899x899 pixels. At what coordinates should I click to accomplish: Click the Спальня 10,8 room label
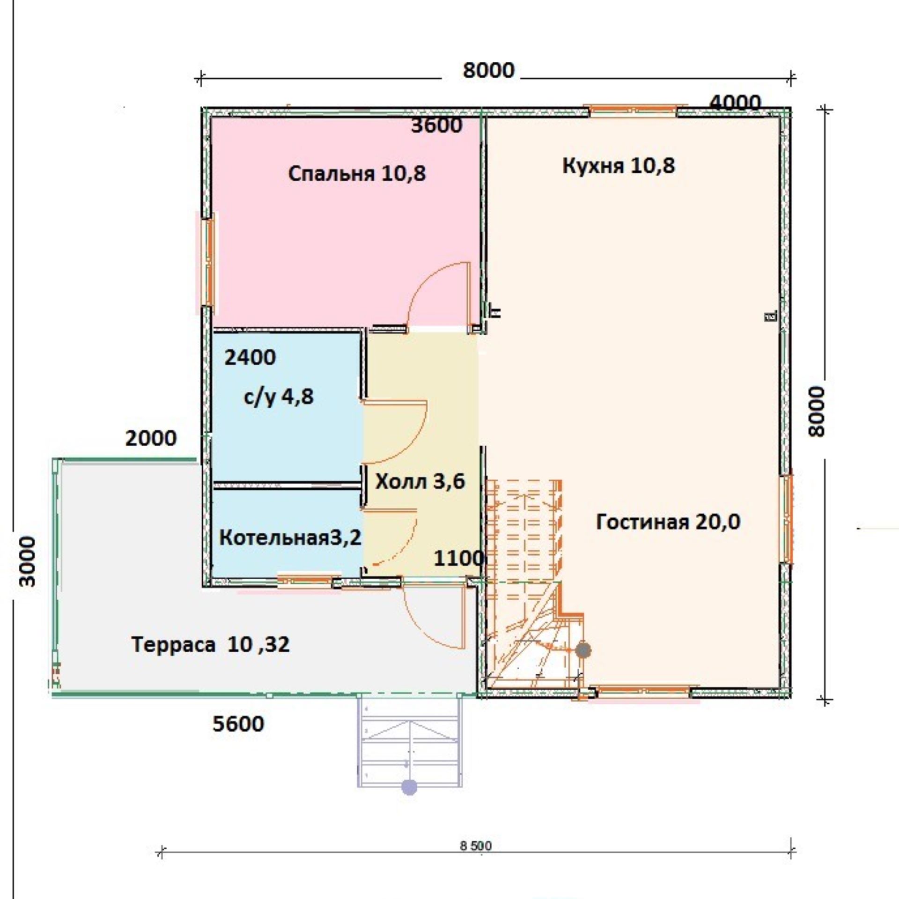[357, 174]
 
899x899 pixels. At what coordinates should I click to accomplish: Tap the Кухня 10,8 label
[619, 166]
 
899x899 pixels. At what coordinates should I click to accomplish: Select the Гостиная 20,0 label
[668, 522]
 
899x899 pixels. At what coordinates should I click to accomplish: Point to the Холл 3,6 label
[420, 481]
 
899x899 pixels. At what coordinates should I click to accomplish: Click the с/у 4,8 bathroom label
[279, 398]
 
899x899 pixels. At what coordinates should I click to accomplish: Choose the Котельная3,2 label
[290, 538]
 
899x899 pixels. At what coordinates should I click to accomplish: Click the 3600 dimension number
[437, 125]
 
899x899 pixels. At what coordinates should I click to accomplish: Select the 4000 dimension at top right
[736, 103]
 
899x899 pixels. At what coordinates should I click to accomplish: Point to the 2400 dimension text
[250, 358]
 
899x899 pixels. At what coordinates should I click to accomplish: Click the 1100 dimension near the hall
[458, 559]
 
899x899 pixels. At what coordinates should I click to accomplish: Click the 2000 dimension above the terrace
[151, 438]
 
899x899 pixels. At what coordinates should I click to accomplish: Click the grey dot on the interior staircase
[583, 650]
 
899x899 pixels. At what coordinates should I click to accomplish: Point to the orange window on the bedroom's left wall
[210, 263]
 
